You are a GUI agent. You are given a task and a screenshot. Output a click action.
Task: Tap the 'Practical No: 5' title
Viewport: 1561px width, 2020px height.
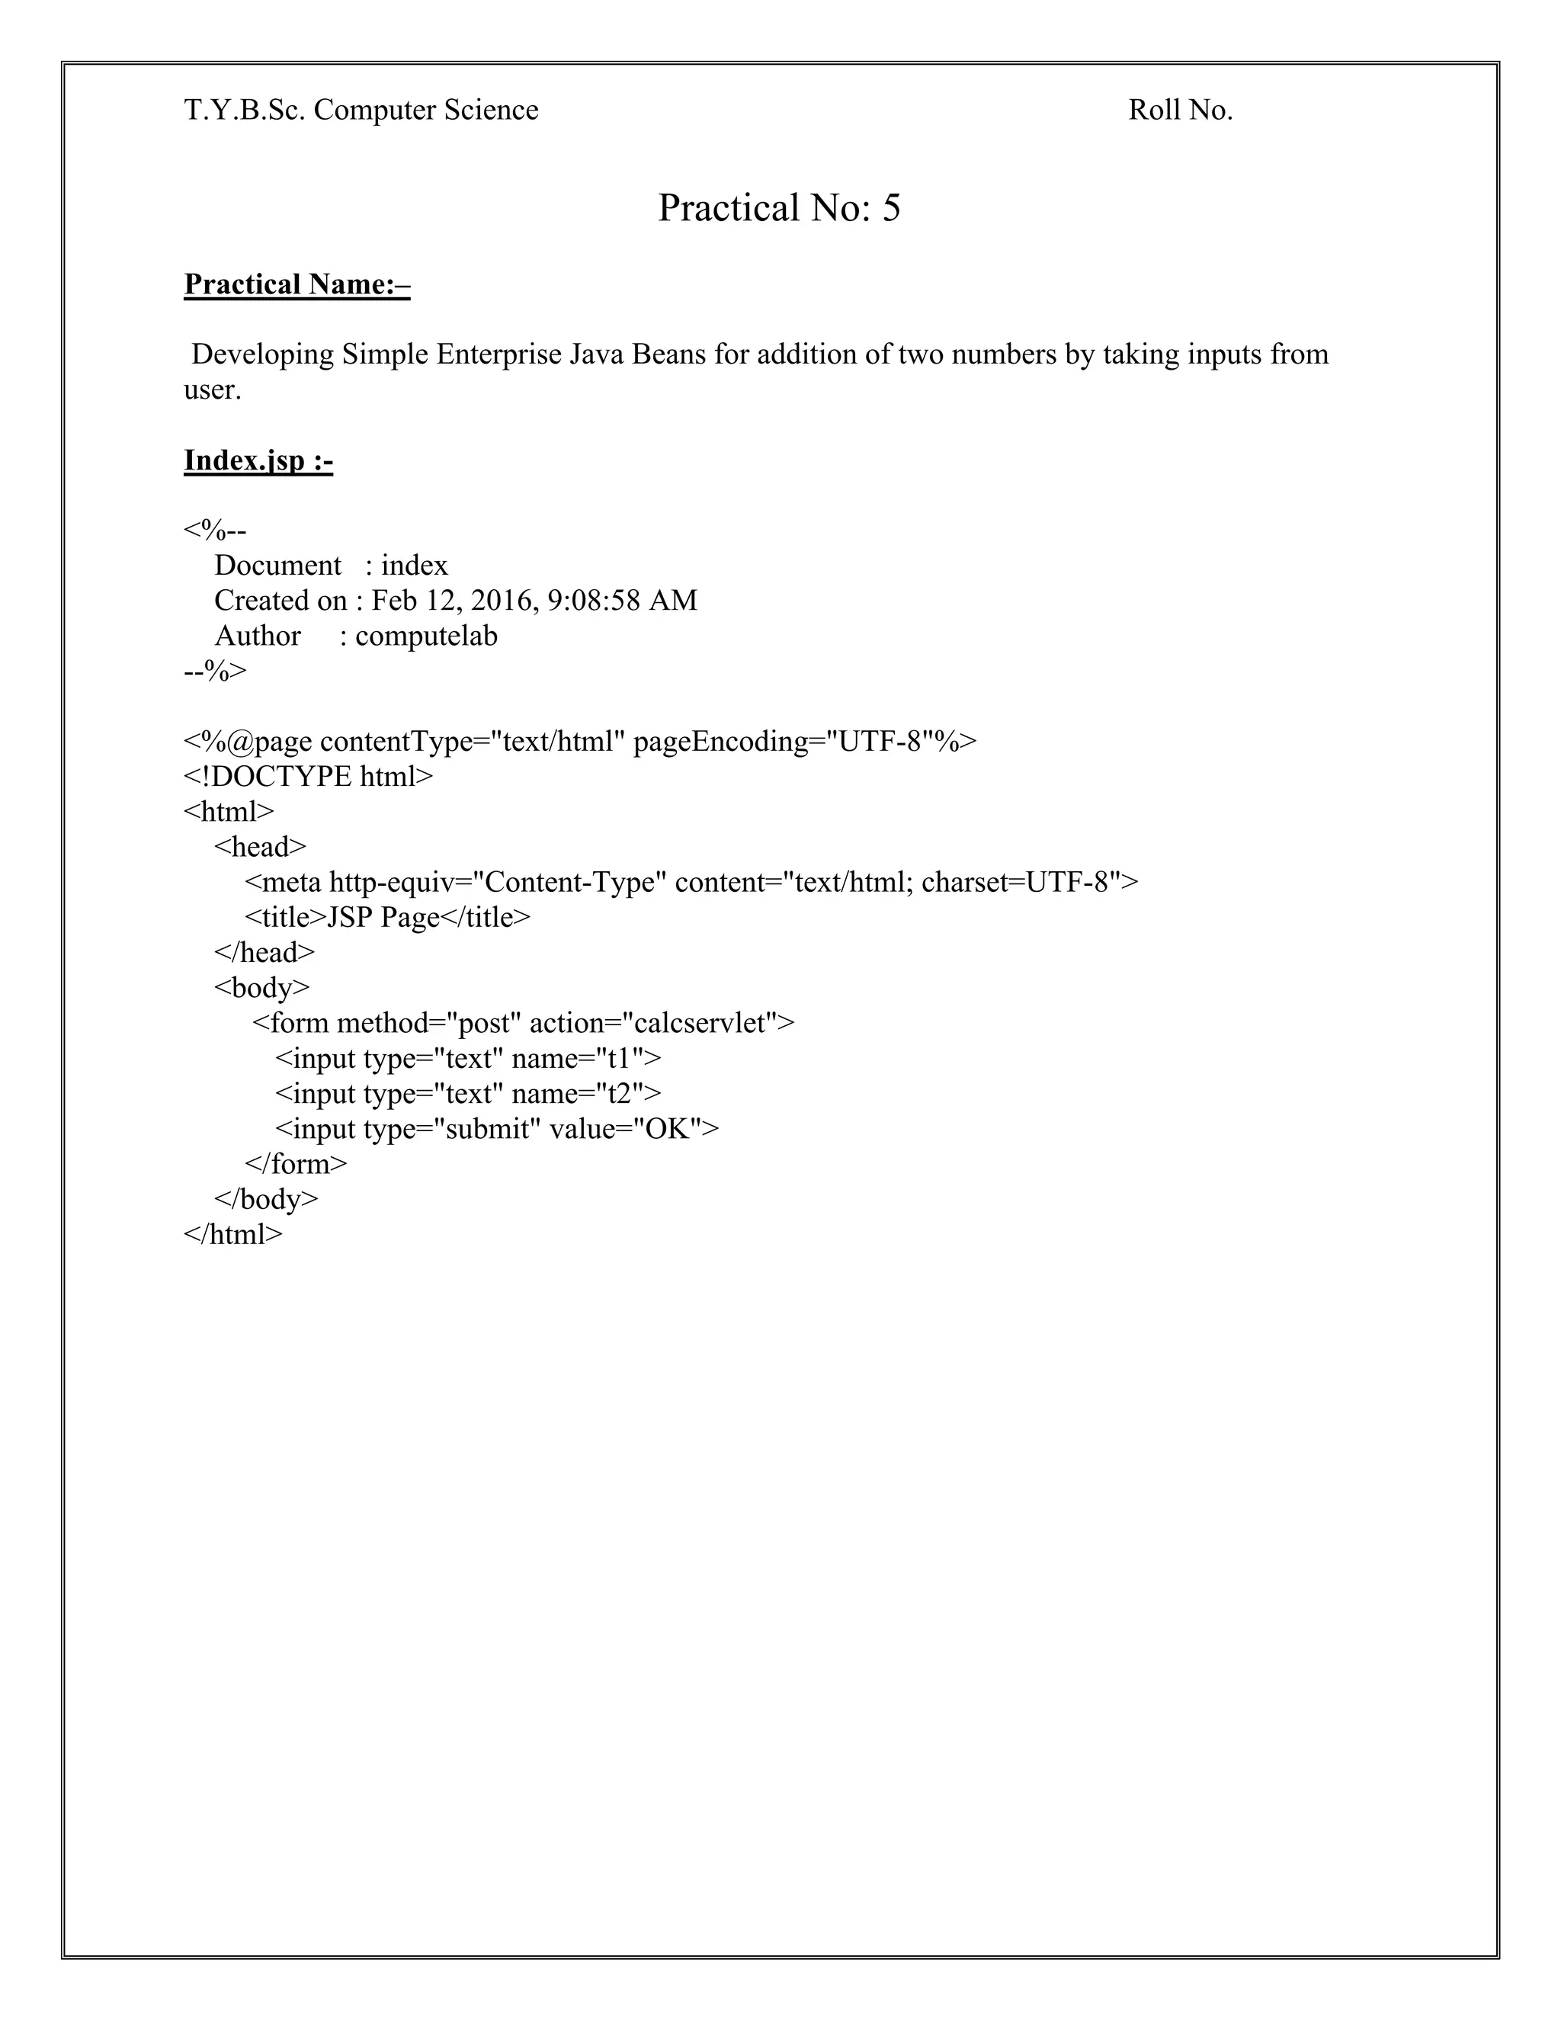point(779,208)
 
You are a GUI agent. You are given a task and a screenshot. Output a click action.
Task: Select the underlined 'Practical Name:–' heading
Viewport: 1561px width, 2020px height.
point(296,285)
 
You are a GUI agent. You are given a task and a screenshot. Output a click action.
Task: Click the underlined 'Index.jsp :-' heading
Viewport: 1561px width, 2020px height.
point(258,460)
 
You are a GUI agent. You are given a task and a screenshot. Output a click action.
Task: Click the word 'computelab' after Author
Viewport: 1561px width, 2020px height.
point(426,636)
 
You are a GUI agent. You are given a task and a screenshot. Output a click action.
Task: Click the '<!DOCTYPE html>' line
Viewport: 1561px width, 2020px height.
point(308,777)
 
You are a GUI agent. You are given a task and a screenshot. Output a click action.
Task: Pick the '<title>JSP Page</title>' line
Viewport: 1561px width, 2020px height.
point(387,918)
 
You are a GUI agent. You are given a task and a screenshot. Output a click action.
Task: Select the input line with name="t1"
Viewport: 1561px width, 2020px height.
point(468,1059)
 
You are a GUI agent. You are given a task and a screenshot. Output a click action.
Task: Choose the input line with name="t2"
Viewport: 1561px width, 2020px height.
point(468,1094)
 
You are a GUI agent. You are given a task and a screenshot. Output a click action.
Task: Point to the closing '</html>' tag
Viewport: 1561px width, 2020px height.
point(233,1235)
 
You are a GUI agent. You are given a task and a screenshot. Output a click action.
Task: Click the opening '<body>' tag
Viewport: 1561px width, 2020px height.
point(261,989)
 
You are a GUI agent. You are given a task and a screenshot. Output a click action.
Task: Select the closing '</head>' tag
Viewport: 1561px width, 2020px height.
point(264,954)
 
